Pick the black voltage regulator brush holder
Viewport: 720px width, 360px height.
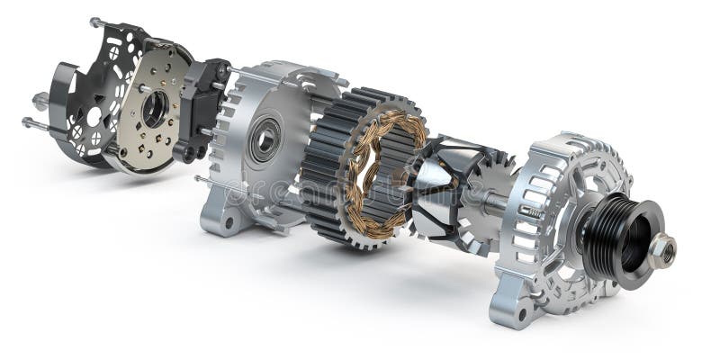202,103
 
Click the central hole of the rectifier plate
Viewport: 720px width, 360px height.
155,109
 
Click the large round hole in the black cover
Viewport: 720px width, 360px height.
94,116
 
